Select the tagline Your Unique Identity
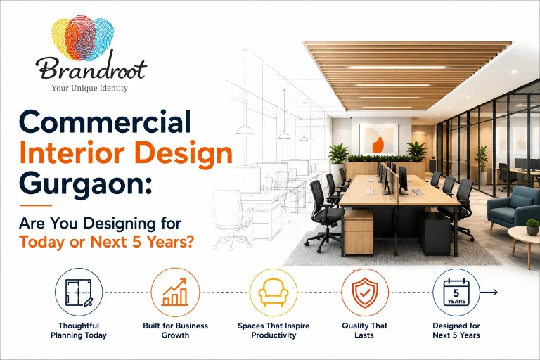(x=90, y=88)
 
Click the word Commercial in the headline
(x=105, y=122)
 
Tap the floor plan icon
(x=79, y=292)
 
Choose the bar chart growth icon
(x=175, y=292)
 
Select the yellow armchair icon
(x=274, y=292)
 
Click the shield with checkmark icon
(x=365, y=292)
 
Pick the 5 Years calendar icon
(x=456, y=292)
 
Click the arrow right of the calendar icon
(x=489, y=292)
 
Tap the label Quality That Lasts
(x=365, y=330)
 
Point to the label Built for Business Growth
(x=175, y=330)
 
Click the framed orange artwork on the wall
(x=378, y=139)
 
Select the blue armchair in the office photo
(x=513, y=207)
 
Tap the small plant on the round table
(x=532, y=227)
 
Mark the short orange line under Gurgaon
(x=36, y=206)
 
